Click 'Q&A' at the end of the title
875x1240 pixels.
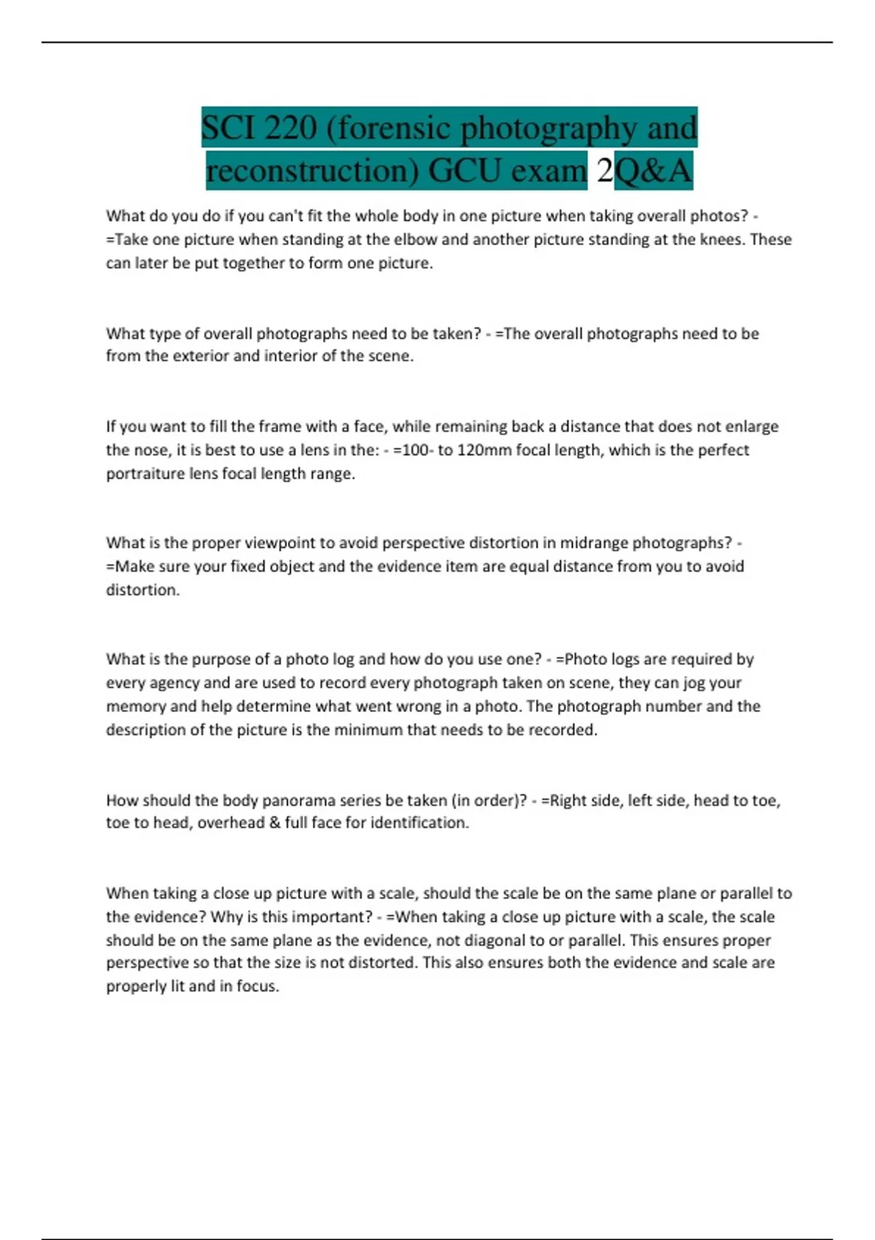click(653, 171)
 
